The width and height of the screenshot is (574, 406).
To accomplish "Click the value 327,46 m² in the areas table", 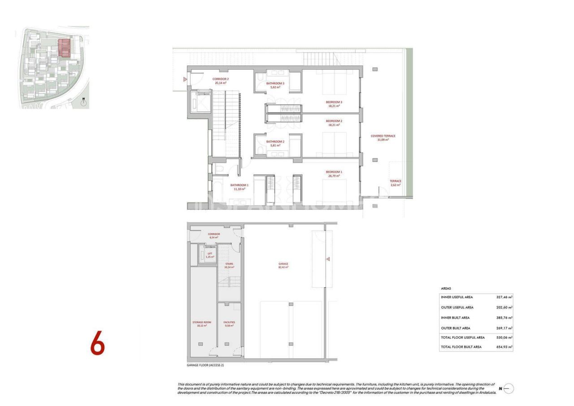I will tap(504, 297).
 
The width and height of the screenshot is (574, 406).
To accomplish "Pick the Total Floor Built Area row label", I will tap(461, 347).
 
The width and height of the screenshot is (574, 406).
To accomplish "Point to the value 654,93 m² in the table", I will tap(504, 347).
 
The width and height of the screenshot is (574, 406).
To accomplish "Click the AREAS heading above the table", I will tap(446, 288).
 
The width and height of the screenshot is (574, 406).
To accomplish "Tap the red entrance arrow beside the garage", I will tap(328, 259).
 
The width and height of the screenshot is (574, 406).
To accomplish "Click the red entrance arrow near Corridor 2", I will tap(185, 79).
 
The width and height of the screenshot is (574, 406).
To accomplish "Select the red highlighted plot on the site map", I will tap(65, 47).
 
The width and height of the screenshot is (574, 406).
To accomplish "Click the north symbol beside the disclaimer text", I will tap(509, 389).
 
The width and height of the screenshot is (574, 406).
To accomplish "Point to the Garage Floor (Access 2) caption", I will tap(205, 365).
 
